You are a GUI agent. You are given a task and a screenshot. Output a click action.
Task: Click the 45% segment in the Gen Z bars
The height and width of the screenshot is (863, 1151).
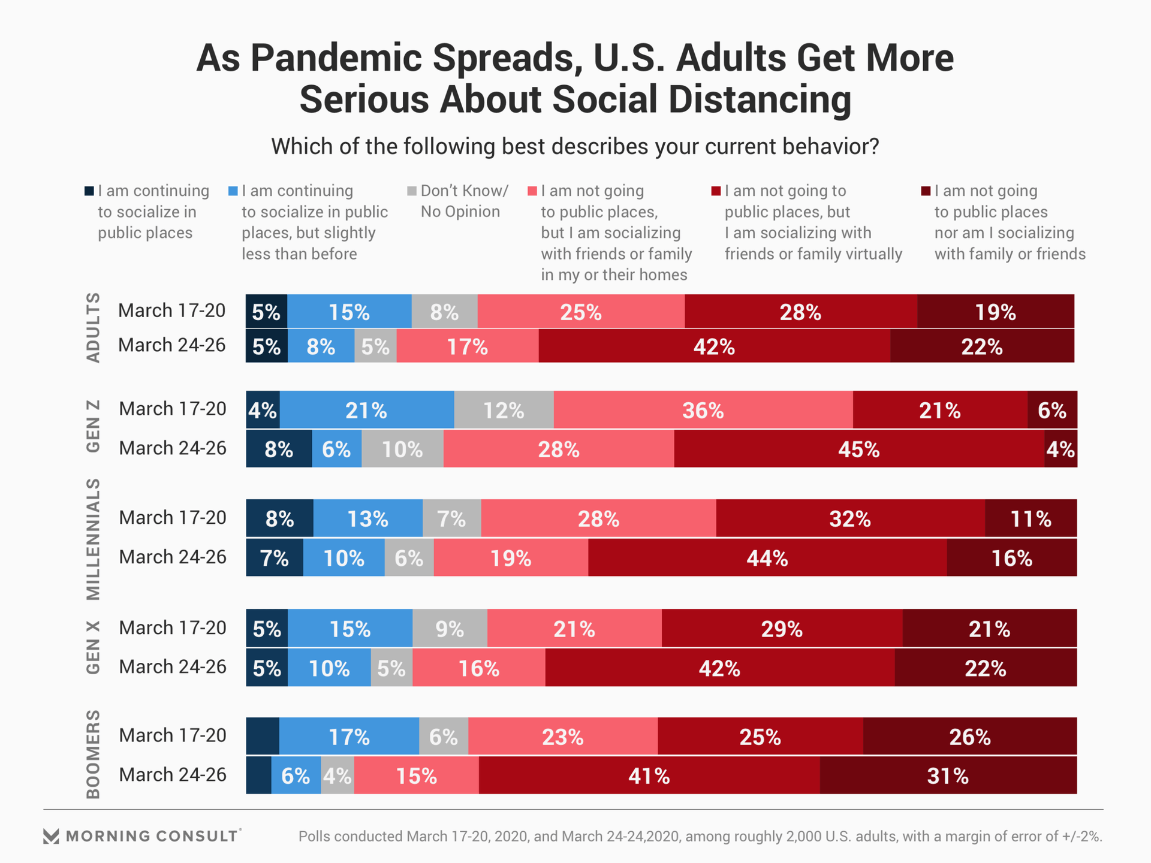858,449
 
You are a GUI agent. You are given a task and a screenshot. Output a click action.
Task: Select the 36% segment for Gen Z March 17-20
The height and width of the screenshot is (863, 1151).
703,410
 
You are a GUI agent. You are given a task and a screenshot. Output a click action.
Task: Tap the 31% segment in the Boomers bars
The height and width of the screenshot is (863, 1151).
948,776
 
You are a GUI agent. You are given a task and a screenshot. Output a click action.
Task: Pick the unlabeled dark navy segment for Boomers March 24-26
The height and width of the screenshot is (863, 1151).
258,776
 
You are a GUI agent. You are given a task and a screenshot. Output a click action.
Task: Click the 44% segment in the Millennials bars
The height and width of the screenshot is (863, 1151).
767,558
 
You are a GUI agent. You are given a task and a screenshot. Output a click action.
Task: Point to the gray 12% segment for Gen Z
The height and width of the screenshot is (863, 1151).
504,410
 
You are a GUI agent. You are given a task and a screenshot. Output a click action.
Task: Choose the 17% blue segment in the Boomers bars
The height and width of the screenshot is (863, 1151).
349,736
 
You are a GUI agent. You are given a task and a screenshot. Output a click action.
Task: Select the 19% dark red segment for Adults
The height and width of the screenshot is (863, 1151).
995,312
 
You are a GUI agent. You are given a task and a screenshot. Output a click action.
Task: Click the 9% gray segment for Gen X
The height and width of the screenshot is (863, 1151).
450,629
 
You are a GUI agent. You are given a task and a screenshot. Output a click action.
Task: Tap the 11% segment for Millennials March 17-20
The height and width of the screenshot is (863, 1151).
1031,518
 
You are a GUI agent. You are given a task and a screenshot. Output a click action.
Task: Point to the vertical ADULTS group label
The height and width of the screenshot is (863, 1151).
93,327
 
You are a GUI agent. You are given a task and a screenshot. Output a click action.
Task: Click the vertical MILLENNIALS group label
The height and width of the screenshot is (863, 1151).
93,539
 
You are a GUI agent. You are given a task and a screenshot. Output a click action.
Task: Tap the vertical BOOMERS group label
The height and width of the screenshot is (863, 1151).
93,754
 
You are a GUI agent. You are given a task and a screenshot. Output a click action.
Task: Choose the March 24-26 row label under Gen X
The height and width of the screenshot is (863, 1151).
173,666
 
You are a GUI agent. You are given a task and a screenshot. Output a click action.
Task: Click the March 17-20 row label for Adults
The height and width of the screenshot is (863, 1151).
172,310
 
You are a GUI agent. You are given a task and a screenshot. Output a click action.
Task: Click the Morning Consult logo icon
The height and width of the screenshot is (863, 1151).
52,836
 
